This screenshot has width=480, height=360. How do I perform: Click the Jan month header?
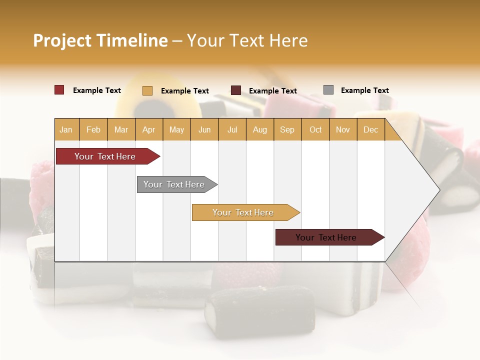66,130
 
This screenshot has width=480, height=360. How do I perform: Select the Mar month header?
121,130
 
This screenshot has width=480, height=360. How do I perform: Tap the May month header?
176,130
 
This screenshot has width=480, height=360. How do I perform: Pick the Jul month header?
232,130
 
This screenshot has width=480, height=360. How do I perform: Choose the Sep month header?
287,130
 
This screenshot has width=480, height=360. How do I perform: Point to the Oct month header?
315,130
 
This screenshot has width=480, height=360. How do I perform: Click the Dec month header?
370,130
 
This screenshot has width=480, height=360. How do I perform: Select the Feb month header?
93,130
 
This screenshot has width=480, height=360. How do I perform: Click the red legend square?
59,90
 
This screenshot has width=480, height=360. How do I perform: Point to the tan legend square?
147,90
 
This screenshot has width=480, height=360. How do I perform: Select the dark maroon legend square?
236,90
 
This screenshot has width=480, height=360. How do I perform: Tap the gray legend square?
328,90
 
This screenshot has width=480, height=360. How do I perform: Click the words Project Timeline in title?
100,40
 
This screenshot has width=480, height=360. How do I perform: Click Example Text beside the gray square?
364,90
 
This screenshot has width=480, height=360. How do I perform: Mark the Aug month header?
259,130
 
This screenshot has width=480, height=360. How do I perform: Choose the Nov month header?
343,130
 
